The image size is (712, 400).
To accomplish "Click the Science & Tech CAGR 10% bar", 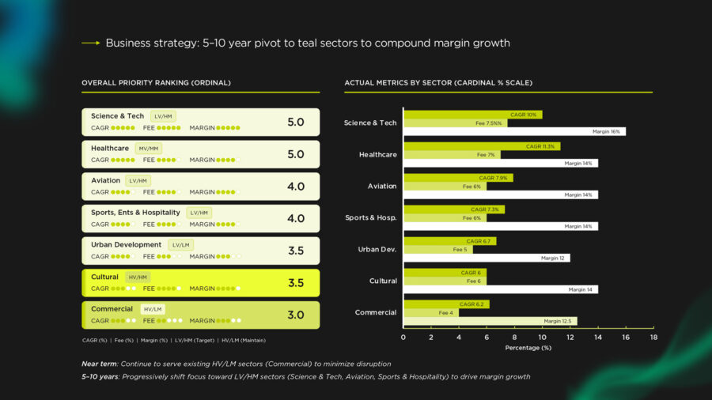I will click(x=472, y=115).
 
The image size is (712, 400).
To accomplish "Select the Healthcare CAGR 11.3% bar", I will click(x=481, y=146).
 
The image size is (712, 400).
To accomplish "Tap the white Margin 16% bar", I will click(x=514, y=131).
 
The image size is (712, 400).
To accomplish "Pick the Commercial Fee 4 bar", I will click(x=430, y=313).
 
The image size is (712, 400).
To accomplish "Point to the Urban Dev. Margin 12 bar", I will click(x=487, y=258).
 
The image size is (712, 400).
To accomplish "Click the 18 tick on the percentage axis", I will click(x=653, y=337).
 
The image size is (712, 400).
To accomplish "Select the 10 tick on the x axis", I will click(x=542, y=337).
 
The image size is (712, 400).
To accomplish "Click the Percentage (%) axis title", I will click(x=528, y=348).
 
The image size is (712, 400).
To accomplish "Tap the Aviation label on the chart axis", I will click(x=382, y=186).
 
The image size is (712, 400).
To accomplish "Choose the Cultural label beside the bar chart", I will click(x=383, y=281).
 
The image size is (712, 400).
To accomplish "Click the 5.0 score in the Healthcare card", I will click(x=295, y=154).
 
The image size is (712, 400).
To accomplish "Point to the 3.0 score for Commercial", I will click(x=295, y=315).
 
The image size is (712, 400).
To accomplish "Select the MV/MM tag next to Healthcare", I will click(x=149, y=149).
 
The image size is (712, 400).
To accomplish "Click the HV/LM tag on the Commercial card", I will click(x=152, y=309).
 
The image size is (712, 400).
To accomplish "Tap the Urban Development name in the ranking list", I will click(x=126, y=244).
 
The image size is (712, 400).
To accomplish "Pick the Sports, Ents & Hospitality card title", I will click(x=135, y=212).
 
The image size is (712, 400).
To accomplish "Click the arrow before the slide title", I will click(x=90, y=43).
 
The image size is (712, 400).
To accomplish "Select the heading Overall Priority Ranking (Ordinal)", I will click(x=156, y=82).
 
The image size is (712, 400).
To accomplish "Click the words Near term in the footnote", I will click(x=99, y=364).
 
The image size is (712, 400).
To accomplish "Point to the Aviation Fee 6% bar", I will click(x=445, y=187).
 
